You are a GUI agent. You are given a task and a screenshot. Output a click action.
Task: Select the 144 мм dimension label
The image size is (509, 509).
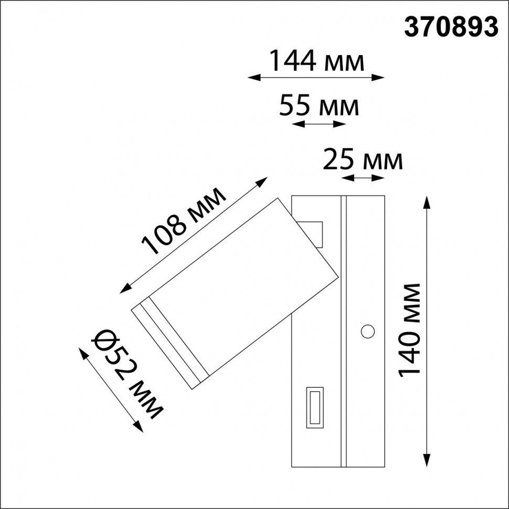[x=316, y=61]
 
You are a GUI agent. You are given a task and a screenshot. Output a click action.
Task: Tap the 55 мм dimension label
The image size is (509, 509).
[x=319, y=106]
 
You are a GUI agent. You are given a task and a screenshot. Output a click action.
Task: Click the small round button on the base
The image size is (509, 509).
[x=368, y=331]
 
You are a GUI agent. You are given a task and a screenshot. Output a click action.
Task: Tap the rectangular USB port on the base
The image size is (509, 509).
[x=315, y=406]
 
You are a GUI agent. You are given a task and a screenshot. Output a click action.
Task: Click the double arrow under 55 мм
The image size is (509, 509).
[x=319, y=124]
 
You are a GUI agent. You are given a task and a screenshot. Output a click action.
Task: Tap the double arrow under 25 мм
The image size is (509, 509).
[x=363, y=178]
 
